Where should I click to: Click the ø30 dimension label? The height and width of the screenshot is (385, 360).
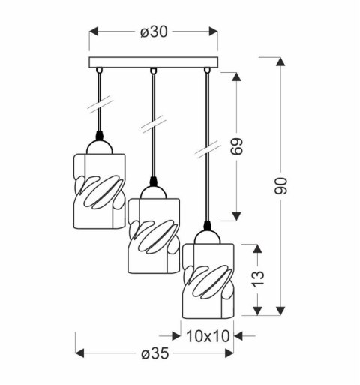[x=153, y=32]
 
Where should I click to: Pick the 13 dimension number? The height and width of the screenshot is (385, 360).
[x=259, y=280]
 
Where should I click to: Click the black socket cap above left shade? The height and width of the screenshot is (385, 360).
[x=100, y=140]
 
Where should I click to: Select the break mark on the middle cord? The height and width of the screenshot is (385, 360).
[x=153, y=121]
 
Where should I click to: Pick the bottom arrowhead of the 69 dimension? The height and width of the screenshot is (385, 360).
[x=240, y=214]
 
